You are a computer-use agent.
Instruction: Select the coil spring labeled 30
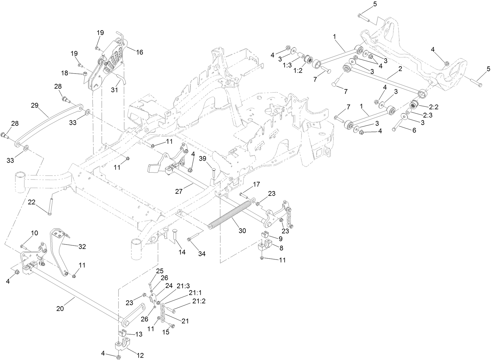tap(230, 213)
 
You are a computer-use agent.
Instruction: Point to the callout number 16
tap(139, 52)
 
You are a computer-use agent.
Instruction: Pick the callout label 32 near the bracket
tap(82, 247)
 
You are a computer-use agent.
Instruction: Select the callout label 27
tap(179, 192)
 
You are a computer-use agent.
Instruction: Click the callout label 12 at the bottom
tap(140, 355)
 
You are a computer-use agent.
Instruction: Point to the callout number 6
tap(414, 130)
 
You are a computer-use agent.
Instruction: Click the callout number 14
tap(182, 252)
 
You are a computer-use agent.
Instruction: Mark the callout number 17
tap(256, 184)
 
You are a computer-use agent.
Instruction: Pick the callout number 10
tap(34, 233)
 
